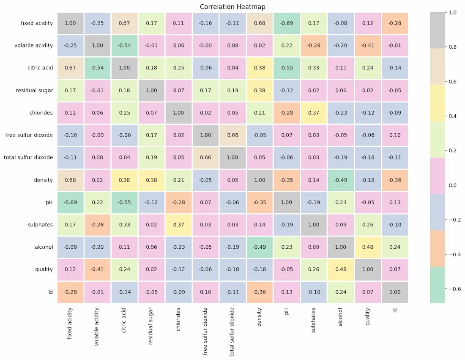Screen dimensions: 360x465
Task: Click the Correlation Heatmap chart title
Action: [x=232, y=7]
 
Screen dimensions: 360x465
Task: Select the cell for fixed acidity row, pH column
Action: [x=287, y=23]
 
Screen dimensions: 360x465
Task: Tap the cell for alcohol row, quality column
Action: [x=368, y=247]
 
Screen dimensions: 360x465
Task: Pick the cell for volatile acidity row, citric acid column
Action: [x=124, y=45]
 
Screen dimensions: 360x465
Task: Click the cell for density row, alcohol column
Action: [x=341, y=180]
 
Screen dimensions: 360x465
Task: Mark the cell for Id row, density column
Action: [x=260, y=292]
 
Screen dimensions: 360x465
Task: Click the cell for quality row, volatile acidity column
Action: [x=97, y=269]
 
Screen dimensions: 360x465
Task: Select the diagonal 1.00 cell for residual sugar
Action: [x=151, y=90]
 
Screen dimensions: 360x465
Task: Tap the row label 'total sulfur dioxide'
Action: [x=28, y=157]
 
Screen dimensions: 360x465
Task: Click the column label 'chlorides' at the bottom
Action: [x=178, y=319]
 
